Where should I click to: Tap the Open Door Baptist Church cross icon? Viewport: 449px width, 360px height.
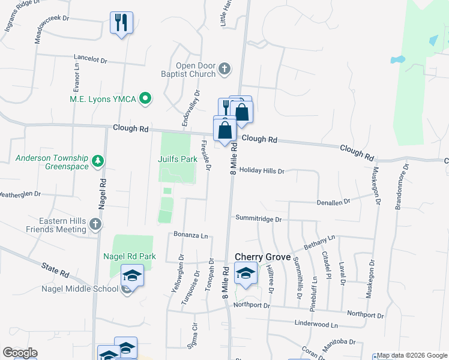(224, 69)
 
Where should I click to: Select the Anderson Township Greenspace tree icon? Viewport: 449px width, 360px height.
(98, 161)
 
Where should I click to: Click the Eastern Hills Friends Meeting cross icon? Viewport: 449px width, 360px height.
(95, 224)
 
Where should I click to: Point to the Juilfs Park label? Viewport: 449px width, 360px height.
(178, 160)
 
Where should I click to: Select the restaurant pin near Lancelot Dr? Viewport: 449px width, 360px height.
(122, 23)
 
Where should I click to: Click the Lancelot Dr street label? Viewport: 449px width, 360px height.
(90, 60)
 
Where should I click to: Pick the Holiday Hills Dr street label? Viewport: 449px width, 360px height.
(262, 171)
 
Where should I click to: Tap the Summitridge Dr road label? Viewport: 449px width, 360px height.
(258, 219)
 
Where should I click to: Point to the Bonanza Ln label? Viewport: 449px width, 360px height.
(190, 235)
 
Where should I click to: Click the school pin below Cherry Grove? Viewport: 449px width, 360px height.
(246, 274)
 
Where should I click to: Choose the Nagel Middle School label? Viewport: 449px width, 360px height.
(80, 289)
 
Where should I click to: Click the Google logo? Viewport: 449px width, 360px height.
(20, 353)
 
